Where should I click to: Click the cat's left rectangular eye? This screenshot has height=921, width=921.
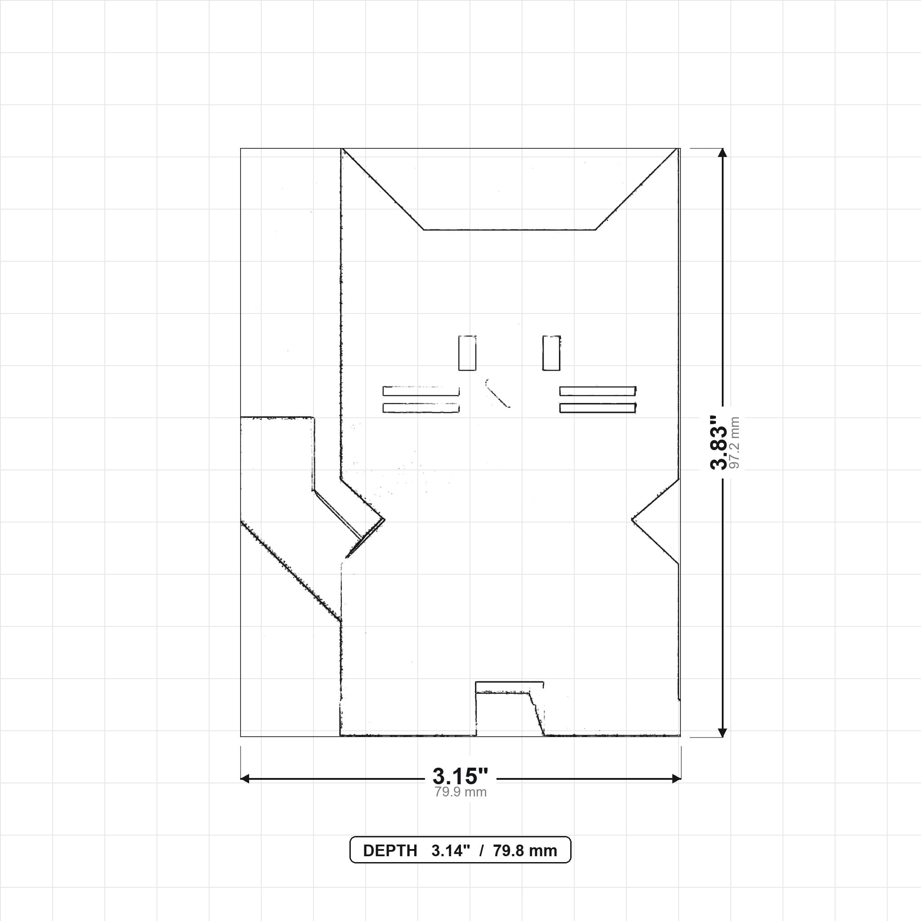click(x=467, y=353)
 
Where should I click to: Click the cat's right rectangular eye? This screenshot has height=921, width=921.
click(x=551, y=353)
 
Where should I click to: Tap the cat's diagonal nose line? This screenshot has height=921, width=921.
click(x=497, y=394)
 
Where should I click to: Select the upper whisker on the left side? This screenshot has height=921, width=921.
click(x=421, y=391)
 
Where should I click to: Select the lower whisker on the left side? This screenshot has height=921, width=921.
click(x=421, y=408)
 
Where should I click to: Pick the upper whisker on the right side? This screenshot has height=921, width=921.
click(x=598, y=391)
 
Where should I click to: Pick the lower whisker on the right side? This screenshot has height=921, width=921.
click(x=598, y=408)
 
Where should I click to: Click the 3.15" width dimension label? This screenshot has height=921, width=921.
click(x=460, y=776)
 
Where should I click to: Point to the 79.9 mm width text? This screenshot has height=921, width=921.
click(x=460, y=792)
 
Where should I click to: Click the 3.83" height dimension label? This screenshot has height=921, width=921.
click(x=719, y=443)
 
